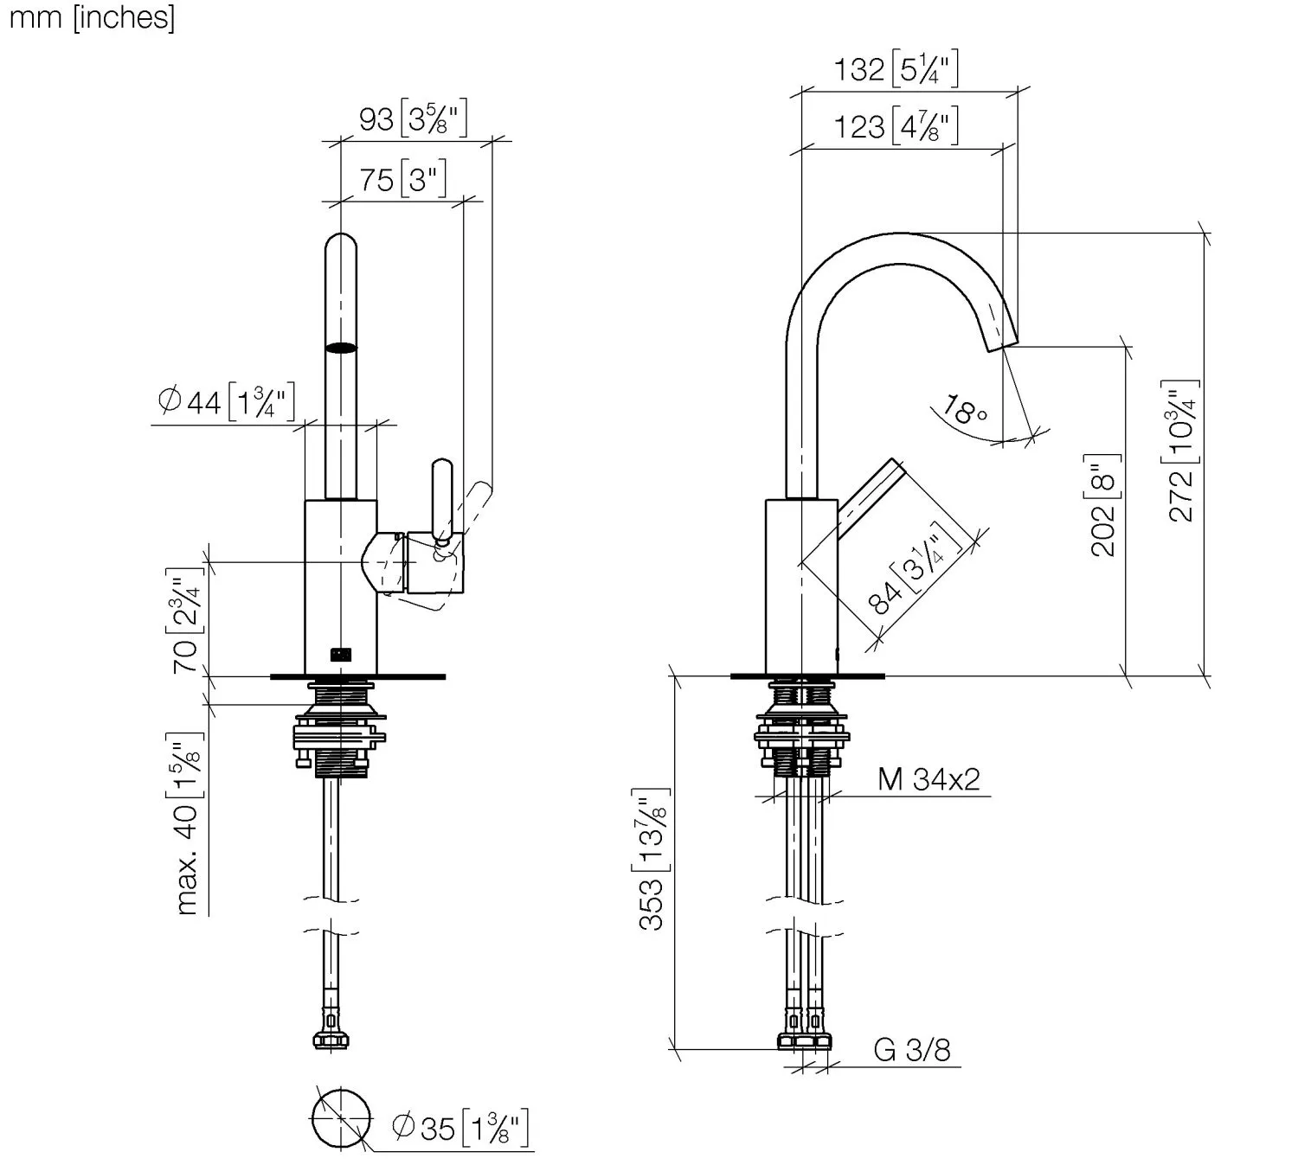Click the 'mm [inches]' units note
pyautogui.click(x=92, y=17)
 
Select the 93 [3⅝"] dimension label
pyautogui.click(x=413, y=118)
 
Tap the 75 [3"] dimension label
pyautogui.click(x=402, y=179)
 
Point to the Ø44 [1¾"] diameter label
pyautogui.click(x=226, y=402)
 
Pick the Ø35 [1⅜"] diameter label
pyautogui.click(x=460, y=1128)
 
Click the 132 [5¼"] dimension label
pyautogui.click(x=896, y=67)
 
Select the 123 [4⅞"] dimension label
pyautogui.click(x=896, y=125)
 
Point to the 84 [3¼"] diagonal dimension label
pyautogui.click(x=915, y=566)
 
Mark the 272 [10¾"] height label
pyautogui.click(x=1180, y=451)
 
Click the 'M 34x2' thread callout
pyautogui.click(x=929, y=778)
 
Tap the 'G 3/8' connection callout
pyautogui.click(x=912, y=1050)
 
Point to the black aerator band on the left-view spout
pyautogui.click(x=341, y=348)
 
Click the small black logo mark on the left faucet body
pyautogui.click(x=341, y=655)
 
